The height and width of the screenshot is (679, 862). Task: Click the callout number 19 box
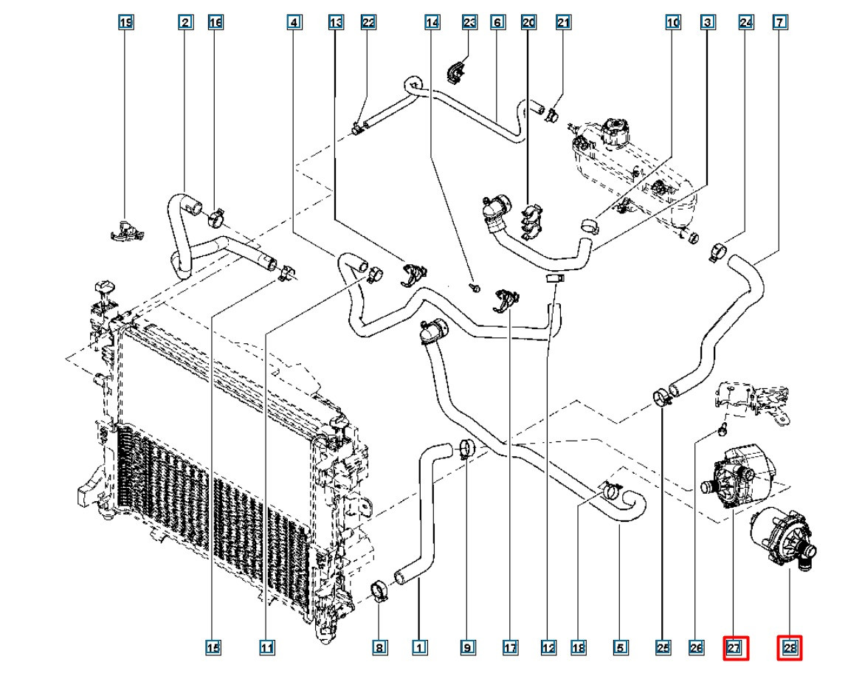coord(126,23)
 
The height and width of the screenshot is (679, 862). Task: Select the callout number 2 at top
coord(186,23)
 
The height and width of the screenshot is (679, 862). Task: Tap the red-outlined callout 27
coord(735,648)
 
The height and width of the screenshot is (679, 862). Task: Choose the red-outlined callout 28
coord(790,648)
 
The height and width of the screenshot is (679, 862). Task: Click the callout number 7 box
coord(779,23)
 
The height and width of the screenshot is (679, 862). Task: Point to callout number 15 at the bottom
coord(213,648)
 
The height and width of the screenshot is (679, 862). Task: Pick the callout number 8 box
coord(379,648)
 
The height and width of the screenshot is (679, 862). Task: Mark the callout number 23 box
coord(469,23)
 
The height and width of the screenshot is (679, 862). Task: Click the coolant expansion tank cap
coord(614,131)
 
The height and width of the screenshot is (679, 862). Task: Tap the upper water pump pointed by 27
coord(738,476)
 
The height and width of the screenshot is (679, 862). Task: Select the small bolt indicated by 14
coord(476,286)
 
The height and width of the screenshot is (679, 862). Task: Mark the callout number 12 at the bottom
coord(548,648)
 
